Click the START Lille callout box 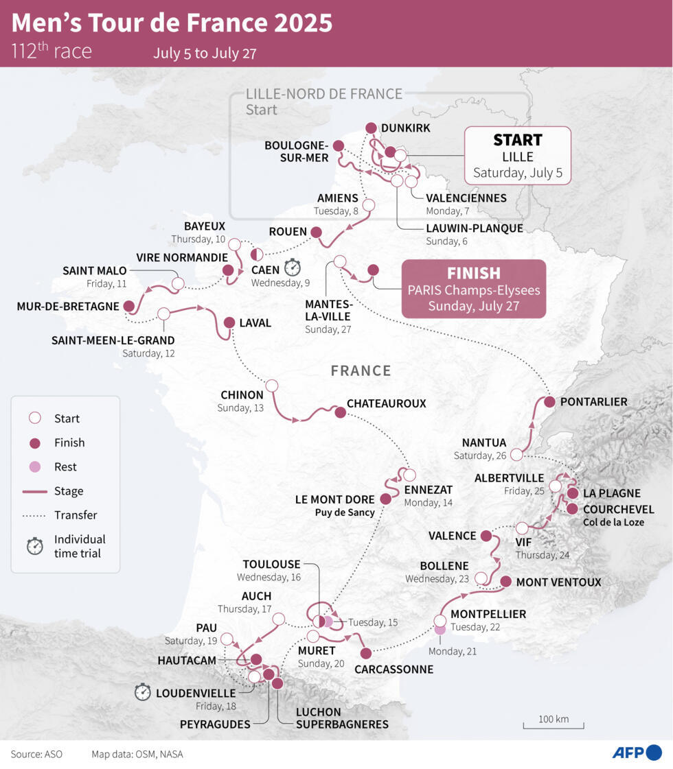517,156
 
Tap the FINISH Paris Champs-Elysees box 474,289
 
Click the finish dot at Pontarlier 549,402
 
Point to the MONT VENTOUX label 558,582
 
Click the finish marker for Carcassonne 366,653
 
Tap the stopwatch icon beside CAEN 293,266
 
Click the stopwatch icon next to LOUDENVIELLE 143,692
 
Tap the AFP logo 637,753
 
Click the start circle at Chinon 272,386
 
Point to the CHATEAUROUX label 387,403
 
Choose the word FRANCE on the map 361,370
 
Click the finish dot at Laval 229,322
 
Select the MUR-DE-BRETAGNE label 68,306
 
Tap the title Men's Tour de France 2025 172,23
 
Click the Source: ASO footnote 36,754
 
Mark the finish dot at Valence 486,536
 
